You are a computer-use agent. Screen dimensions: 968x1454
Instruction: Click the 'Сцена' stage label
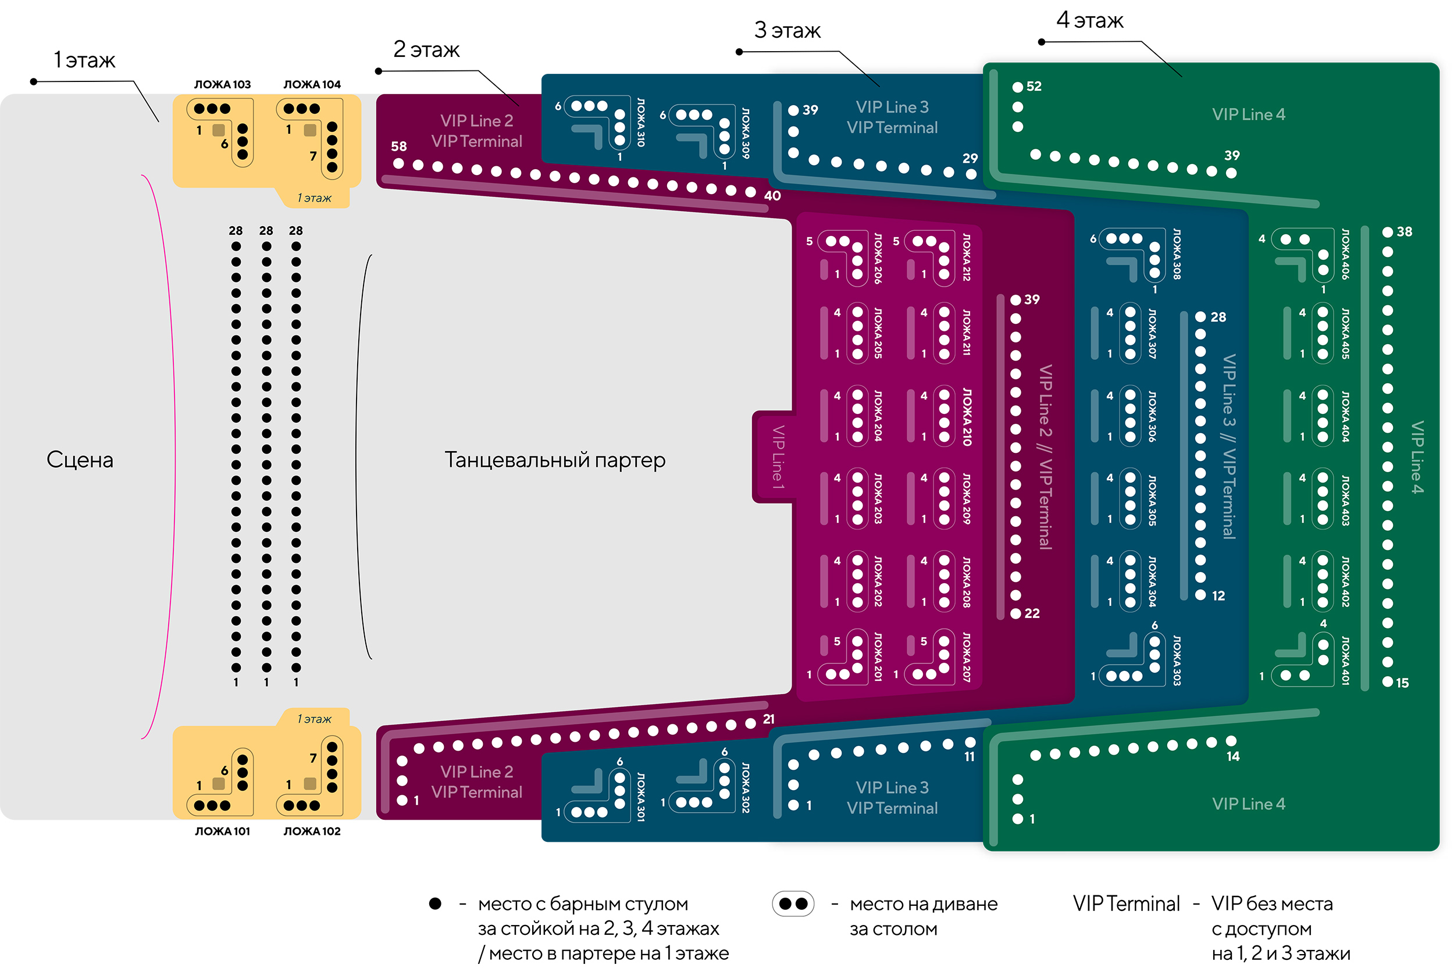pos(80,460)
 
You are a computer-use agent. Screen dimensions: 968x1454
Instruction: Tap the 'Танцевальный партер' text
pos(554,460)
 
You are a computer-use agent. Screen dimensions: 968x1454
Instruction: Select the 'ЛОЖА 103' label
pos(222,84)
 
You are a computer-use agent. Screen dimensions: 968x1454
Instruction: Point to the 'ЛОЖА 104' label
pos(312,84)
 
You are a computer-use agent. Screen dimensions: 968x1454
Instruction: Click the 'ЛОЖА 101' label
pos(222,831)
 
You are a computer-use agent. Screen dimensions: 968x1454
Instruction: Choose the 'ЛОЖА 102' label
pos(312,831)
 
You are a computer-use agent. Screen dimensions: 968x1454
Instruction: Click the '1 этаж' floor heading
pos(84,60)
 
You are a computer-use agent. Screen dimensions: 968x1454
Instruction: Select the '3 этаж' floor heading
pos(787,30)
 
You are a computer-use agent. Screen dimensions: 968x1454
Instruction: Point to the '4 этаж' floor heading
pos(1090,20)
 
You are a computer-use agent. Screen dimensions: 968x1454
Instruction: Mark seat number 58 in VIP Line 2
pos(399,163)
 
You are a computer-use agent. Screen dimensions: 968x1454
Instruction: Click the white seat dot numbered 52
pos(1017,87)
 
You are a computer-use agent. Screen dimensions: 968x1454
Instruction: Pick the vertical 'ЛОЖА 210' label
pos(967,417)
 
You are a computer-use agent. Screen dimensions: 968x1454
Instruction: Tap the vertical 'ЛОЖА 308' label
pos(1177,253)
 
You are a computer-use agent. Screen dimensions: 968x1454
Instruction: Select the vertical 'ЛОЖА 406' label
pos(1345,253)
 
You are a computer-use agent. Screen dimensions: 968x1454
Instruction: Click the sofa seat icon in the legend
pos(793,904)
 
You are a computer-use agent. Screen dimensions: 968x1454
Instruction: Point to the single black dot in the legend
pos(435,904)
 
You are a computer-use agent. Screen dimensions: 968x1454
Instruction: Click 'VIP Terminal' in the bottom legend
pos(1126,904)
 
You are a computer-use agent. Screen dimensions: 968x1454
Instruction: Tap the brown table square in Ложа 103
pos(219,130)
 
